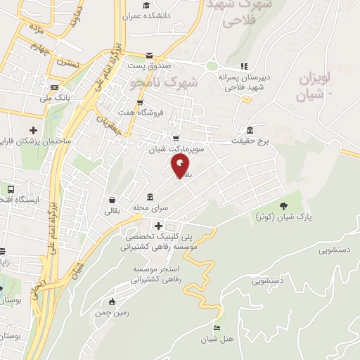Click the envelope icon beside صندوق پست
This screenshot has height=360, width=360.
[x=148, y=56]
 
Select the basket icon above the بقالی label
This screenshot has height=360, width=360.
[x=112, y=200]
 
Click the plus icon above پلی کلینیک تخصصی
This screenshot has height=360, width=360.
[x=160, y=226]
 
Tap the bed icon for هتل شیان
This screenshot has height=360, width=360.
[x=217, y=328]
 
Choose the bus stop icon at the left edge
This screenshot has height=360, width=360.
[x=11, y=190]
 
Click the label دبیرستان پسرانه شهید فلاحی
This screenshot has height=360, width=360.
[x=243, y=82]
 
